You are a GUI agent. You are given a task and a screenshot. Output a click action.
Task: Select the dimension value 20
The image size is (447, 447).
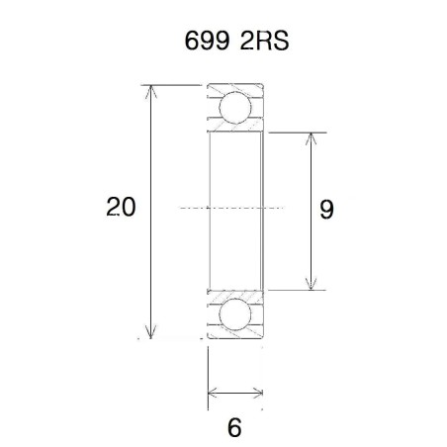(x=122, y=208)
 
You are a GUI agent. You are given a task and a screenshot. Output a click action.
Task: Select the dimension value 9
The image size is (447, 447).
(x=327, y=209)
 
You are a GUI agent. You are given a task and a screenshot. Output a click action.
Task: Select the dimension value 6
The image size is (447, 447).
(x=234, y=428)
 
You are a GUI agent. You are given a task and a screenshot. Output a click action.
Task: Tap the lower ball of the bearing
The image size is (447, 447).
(x=234, y=315)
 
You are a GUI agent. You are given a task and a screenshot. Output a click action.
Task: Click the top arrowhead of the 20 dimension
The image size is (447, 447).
(x=150, y=91)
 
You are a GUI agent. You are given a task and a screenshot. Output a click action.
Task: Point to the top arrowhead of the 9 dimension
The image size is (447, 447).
(x=312, y=137)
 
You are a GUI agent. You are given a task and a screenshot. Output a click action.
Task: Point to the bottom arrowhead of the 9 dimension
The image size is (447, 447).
(x=312, y=284)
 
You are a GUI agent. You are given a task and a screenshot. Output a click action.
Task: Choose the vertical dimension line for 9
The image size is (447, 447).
(x=312, y=247)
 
